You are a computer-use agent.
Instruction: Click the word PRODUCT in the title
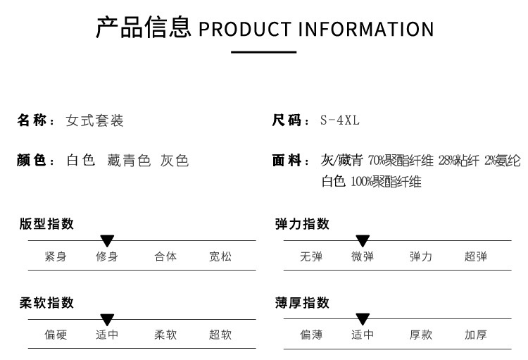[x=245, y=29]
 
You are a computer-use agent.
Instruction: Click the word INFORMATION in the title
[x=366, y=29]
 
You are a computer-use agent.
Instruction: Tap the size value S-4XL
[x=340, y=120]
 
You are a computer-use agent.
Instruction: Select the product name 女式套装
[x=94, y=120]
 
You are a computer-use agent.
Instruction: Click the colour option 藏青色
[x=129, y=160]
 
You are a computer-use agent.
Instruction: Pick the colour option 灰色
[x=175, y=160]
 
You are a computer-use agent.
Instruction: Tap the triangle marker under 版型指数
[x=107, y=241]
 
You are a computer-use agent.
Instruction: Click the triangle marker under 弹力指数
[x=363, y=241]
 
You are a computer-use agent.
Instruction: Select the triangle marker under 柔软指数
[x=107, y=320]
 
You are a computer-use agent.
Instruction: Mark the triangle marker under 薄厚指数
[x=363, y=319]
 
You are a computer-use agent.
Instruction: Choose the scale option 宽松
[x=220, y=256]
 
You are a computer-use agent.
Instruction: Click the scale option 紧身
[x=56, y=256]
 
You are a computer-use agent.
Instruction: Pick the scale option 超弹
[x=476, y=256]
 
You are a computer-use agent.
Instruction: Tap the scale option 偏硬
[x=56, y=335]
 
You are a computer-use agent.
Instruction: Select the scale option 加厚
[x=476, y=335]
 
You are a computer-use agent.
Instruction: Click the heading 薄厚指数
[x=302, y=303]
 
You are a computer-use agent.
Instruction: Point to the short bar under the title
[x=264, y=52]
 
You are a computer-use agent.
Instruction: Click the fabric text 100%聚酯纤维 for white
[x=386, y=182]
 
